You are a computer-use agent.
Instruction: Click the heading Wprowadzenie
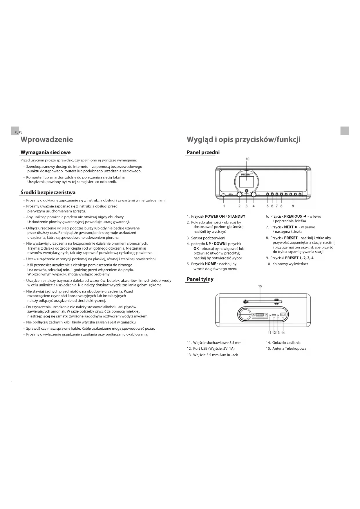pos(47,140)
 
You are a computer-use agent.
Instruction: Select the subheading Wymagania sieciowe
pos(46,153)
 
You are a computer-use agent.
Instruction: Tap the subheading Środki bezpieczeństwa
pos(48,192)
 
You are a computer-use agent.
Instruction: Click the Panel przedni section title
pos(203,153)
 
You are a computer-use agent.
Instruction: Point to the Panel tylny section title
pos(200,279)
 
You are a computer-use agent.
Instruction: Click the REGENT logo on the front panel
pos(247,175)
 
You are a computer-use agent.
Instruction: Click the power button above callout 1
pos(223,195)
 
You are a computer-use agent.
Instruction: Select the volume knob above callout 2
pos(240,195)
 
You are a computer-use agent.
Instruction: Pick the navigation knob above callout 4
pos(254,195)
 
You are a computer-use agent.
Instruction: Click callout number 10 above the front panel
pos(247,159)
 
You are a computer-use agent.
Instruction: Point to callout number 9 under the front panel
pos(293,206)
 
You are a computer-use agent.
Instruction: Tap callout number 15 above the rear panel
pos(260,286)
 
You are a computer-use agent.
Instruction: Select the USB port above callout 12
pos(274,315)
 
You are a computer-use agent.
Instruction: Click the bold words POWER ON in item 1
pos(215,216)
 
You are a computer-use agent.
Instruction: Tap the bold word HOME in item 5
pos(210,264)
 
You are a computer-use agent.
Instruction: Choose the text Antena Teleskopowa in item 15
pos(289,349)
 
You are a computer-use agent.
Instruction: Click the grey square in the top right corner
pos(344,131)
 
